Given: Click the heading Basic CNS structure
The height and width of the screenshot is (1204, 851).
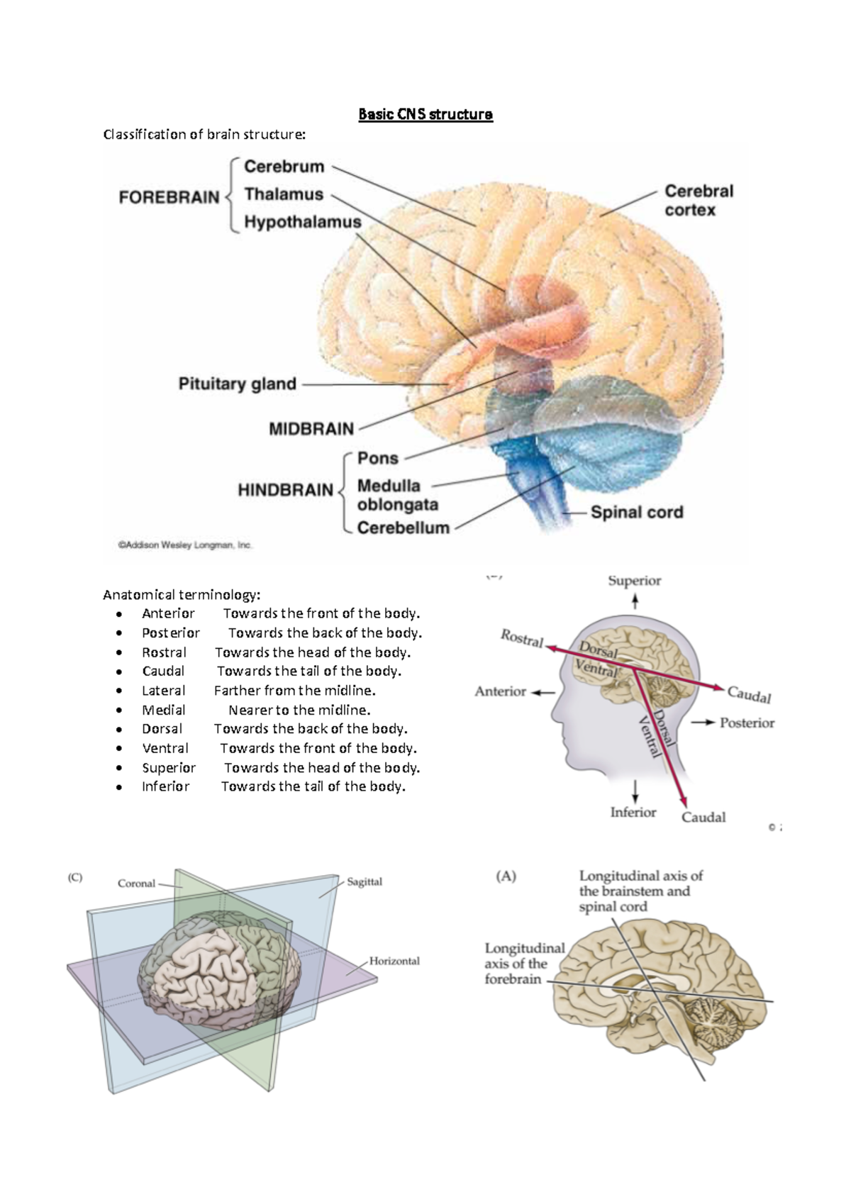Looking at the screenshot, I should coord(425,114).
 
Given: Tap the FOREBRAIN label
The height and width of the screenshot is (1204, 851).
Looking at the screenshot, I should coord(169,196).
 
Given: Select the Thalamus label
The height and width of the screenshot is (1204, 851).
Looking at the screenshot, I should coord(284,194).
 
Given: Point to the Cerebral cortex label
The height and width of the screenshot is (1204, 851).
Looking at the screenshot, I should coord(698,201).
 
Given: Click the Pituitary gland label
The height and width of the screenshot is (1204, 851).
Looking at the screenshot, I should coord(237,384).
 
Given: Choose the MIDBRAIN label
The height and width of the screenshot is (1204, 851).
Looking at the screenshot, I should coord(311,429).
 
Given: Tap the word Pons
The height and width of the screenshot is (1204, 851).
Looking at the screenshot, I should coord(377,458).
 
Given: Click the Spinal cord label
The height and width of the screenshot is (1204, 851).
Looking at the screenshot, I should coord(636,512).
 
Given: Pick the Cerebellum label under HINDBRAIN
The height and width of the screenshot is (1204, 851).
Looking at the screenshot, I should coord(403,528).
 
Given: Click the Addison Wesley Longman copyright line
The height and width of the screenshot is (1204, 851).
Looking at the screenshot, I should coord(184,545).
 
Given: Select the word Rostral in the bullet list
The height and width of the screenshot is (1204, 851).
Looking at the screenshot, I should coord(164,652).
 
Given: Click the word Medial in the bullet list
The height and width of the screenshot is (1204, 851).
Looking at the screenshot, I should coord(164,710).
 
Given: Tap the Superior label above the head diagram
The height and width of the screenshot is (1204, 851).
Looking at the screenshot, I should coord(634,581).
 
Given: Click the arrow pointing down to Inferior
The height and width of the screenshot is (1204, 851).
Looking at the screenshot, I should coord(635,790).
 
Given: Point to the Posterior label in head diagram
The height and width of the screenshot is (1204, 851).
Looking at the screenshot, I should coord(746,723).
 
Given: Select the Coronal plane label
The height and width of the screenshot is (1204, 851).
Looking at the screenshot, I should coord(136,884).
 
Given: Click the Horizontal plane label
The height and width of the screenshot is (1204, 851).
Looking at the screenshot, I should coord(394,961).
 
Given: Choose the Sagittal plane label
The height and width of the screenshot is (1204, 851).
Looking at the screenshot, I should coord(364,882).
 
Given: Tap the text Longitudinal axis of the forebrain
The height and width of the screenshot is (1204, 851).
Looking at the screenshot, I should coord(524,964).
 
